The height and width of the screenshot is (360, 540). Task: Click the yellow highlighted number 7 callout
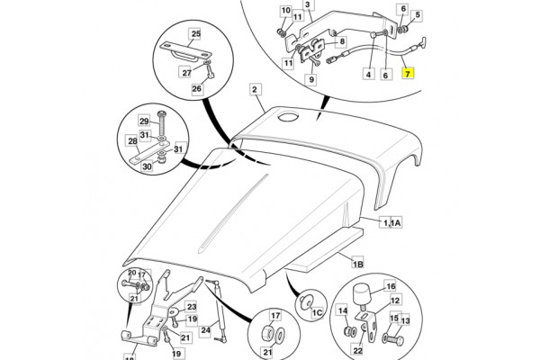coord(408,74)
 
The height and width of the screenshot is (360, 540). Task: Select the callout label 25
coord(195,34)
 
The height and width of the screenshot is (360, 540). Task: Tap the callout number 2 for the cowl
coord(255,90)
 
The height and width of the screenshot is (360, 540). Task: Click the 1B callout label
coord(358,264)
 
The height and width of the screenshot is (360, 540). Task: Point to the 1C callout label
coord(317,312)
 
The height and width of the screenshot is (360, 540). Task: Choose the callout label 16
coord(391,286)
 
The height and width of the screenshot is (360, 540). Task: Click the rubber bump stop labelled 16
coord(362,293)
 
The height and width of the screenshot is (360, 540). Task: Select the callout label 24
coord(205,330)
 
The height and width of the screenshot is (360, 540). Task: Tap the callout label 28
coord(132,141)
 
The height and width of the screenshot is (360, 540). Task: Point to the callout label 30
coord(147,166)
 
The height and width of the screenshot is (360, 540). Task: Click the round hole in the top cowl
coord(288,117)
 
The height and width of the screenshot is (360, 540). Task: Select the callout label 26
coord(196,88)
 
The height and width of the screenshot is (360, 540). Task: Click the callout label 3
coord(308,4)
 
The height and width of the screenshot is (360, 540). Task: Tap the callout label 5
coord(418,14)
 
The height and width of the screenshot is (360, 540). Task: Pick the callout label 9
coord(311,79)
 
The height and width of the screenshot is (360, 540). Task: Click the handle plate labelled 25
coord(185,51)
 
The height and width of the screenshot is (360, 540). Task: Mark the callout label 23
coord(192,307)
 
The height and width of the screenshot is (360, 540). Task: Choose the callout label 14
coord(342,311)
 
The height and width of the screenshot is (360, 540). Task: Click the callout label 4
coord(368,74)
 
